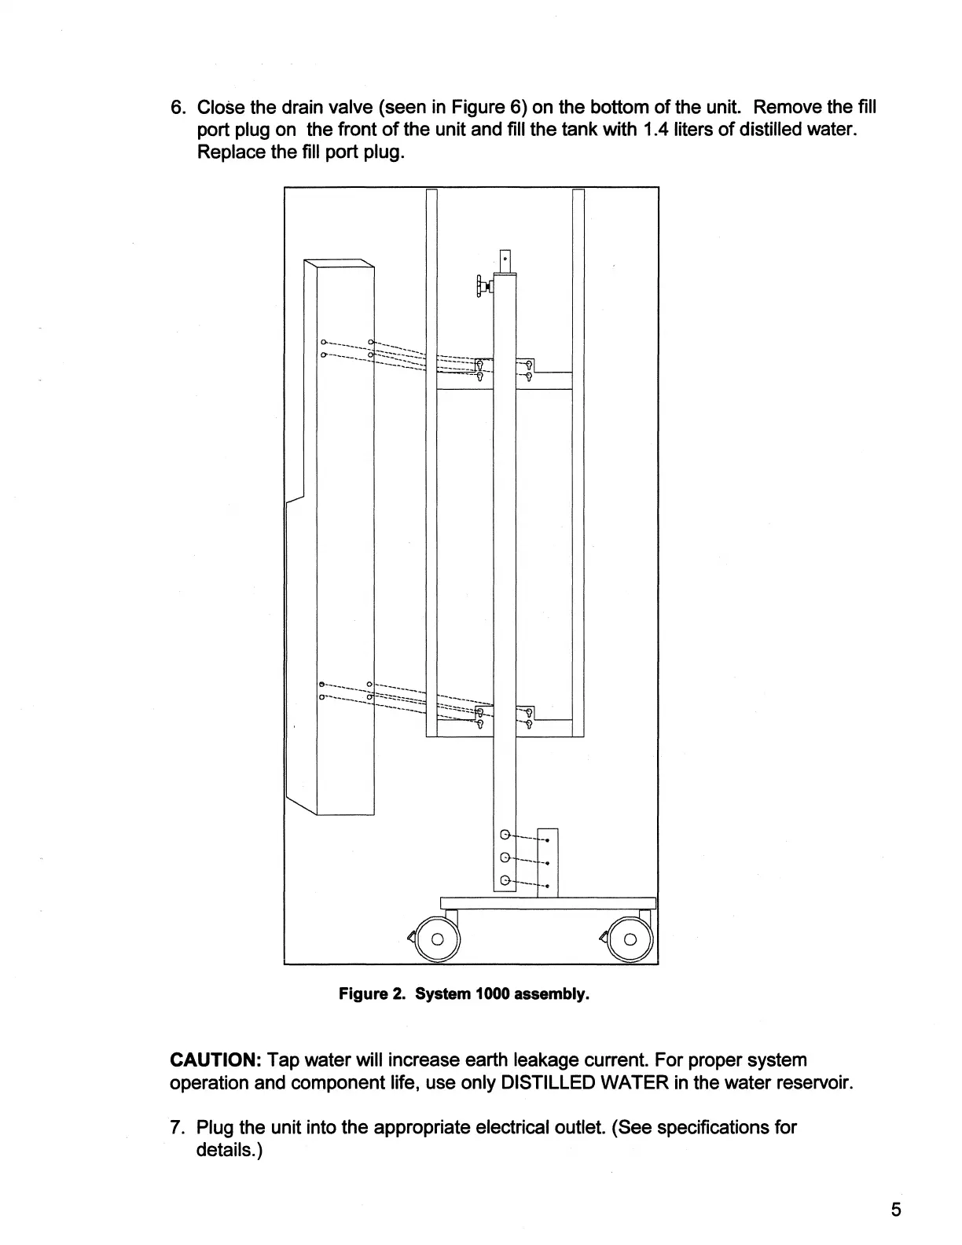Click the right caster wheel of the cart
[x=630, y=938]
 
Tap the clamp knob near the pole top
[x=479, y=286]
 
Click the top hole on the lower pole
[x=505, y=835]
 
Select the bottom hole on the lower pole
[x=505, y=880]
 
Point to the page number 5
[x=897, y=1209]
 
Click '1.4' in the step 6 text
[x=655, y=129]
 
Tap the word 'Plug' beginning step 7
[x=215, y=1128]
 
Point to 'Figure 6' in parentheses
[x=488, y=107]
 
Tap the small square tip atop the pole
[x=505, y=260]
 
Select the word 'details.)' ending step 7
[x=228, y=1151]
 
